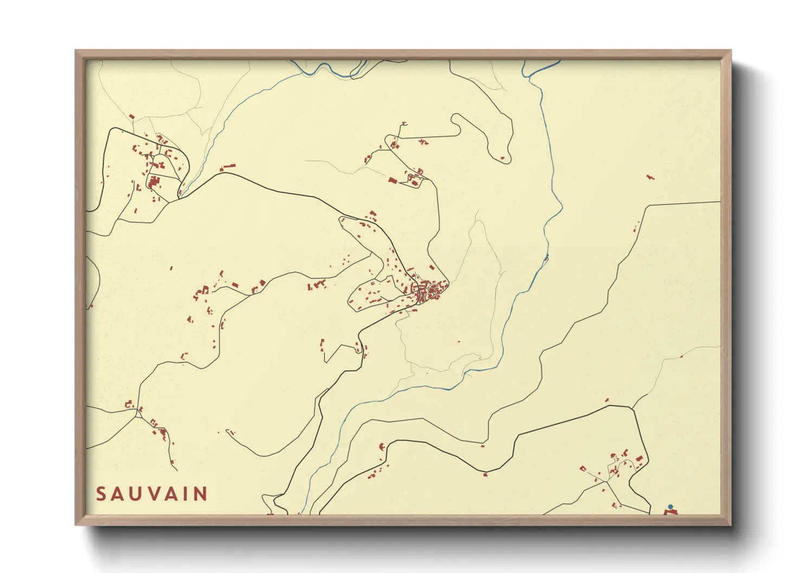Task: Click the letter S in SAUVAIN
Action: tap(101, 494)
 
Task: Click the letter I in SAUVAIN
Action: tap(186, 494)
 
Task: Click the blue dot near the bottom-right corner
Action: tap(670, 507)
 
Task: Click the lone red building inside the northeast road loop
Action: tap(502, 158)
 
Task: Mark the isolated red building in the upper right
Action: tap(650, 177)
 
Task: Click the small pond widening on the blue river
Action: tap(546, 259)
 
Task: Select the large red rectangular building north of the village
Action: tap(392, 180)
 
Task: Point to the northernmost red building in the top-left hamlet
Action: tap(131, 116)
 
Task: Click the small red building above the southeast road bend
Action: tap(607, 400)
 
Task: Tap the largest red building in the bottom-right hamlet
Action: tap(639, 459)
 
